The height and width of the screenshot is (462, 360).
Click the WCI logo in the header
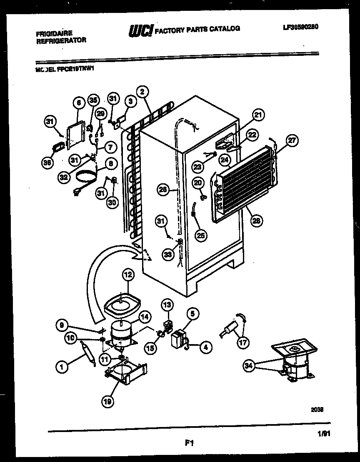click(141, 30)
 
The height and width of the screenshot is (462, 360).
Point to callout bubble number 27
click(292, 141)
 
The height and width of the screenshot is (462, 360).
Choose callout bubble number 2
click(142, 91)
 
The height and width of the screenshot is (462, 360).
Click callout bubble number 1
click(62, 367)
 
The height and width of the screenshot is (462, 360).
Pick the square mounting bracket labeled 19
click(125, 372)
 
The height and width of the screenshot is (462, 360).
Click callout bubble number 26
click(163, 190)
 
